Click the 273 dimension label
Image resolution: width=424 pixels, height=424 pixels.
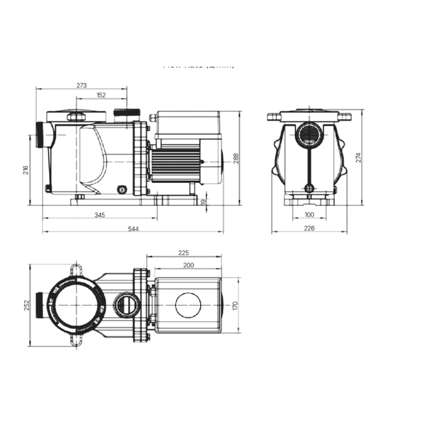[x=81, y=85]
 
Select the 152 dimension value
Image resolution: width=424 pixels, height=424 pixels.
[x=101, y=95]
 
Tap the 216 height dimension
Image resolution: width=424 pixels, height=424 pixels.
[x=26, y=170]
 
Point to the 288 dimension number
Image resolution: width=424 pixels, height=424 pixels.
[x=236, y=158]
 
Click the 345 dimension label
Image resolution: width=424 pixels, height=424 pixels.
[x=100, y=215]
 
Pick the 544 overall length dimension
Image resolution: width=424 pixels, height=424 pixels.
[x=133, y=229]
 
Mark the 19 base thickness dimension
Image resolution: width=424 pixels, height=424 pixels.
[x=203, y=201]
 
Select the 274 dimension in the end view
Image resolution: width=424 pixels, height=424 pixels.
[x=358, y=157]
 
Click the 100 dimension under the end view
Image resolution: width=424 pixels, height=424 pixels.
[x=309, y=215]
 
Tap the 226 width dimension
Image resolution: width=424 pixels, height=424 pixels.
[x=309, y=228]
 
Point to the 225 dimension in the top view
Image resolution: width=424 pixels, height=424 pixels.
[x=184, y=253]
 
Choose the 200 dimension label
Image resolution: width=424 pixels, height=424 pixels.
[x=188, y=265]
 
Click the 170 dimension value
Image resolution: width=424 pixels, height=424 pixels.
[x=235, y=305]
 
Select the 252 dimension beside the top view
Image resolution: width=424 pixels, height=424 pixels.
[x=26, y=305]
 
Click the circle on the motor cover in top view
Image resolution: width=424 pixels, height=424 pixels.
[x=188, y=305]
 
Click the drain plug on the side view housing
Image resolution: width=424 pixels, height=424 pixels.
[x=122, y=190]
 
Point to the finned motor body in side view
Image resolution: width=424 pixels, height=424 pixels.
[x=175, y=162]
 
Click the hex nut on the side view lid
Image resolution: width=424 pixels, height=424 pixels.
[x=76, y=117]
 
